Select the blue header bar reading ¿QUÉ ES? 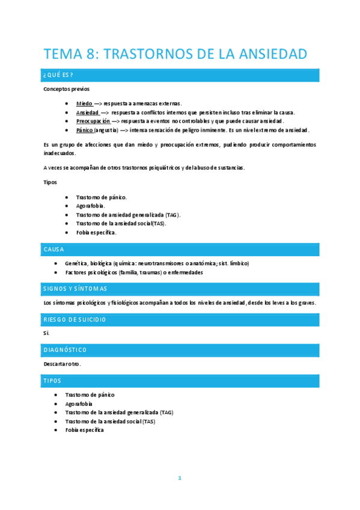pyautogui.click(x=180, y=75)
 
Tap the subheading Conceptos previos pyautogui.click(x=66, y=89)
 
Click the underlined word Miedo pyautogui.click(x=85, y=103)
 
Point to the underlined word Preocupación pyautogui.click(x=93, y=121)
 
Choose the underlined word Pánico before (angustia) pyautogui.click(x=85, y=130)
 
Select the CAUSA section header pyautogui.click(x=180, y=248)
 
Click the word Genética pyautogui.click(x=76, y=263)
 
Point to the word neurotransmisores pyautogui.click(x=163, y=263)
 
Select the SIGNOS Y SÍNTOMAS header pyautogui.click(x=180, y=288)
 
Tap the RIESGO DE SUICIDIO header pyautogui.click(x=180, y=319)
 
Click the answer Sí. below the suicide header pyautogui.click(x=47, y=333)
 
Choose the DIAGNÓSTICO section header pyautogui.click(x=180, y=349)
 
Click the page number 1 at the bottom pyautogui.click(x=179, y=478)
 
